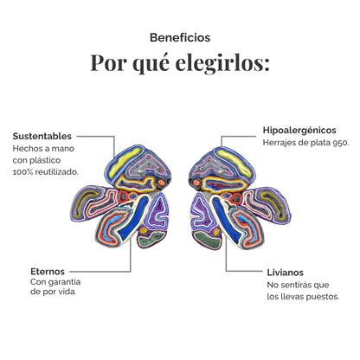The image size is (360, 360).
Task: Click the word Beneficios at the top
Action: [180, 38]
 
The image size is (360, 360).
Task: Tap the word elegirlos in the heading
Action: [222, 63]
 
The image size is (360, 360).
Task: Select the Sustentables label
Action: [42, 136]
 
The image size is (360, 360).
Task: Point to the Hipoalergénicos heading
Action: [299, 131]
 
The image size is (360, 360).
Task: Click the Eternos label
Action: [48, 272]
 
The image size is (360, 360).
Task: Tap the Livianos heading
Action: [285, 273]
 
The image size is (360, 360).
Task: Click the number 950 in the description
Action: [341, 143]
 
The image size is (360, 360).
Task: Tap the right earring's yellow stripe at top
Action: [235, 163]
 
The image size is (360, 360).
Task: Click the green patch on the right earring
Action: [207, 240]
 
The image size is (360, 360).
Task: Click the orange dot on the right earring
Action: [196, 183]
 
